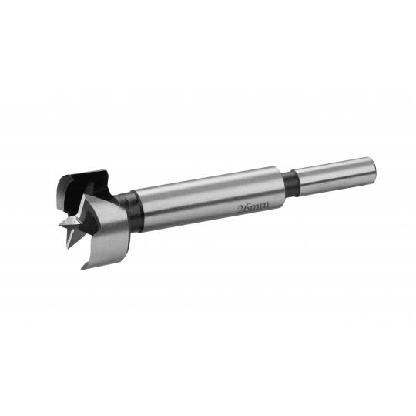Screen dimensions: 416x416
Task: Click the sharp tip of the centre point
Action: [x=59, y=226]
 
